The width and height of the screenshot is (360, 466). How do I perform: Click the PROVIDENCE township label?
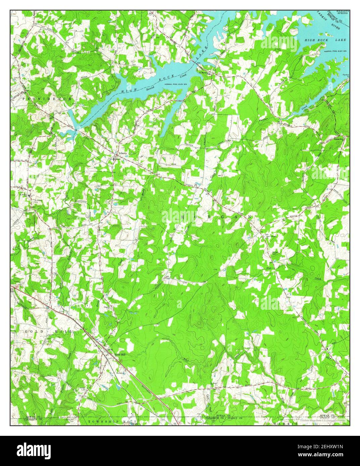tap(47, 99)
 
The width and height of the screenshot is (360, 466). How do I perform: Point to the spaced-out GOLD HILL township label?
tap(48, 331)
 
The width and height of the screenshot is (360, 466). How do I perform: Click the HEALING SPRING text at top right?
tap(342, 12)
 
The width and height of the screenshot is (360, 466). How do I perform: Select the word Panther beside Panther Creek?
tap(263, 119)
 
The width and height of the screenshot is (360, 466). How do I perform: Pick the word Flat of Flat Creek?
tap(268, 268)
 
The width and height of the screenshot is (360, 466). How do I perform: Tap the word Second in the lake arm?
tap(151, 88)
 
